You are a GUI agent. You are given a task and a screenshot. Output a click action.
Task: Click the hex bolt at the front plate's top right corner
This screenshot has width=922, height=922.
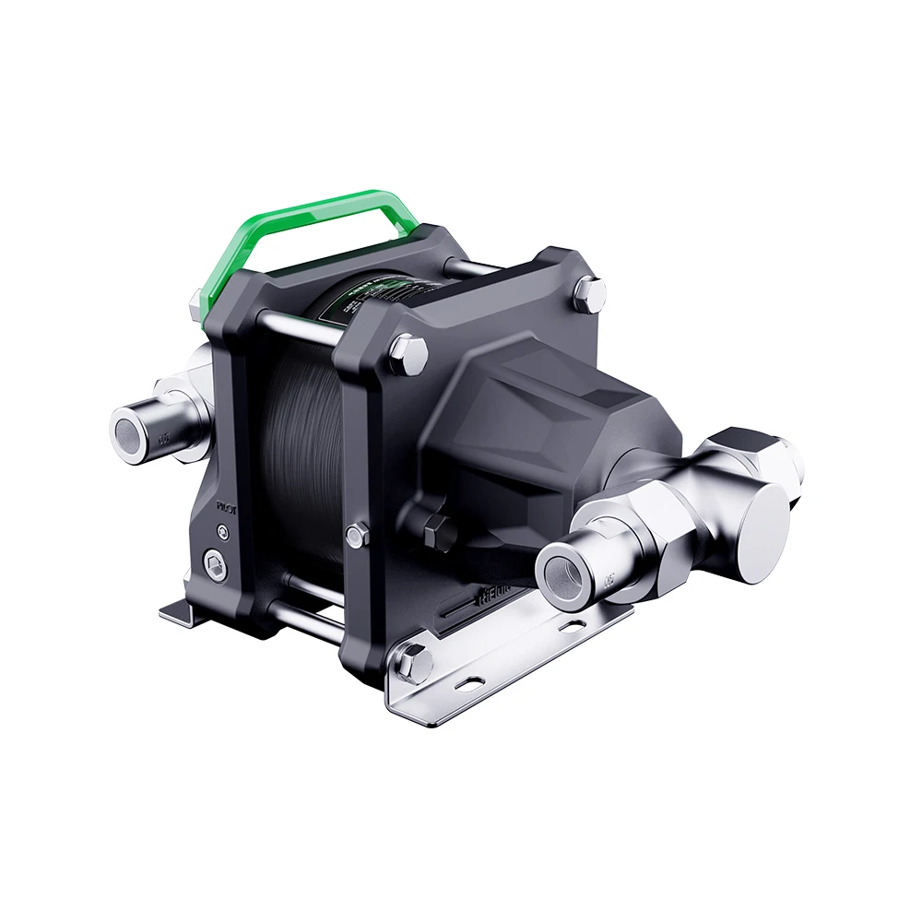pos(587,294)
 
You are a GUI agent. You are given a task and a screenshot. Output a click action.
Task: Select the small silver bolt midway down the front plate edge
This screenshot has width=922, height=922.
pos(356,532)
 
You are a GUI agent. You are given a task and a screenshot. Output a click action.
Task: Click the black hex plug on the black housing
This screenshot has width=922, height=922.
pos(436,530)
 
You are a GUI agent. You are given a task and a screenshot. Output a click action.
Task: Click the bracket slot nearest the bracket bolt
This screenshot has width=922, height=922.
pos(471,683)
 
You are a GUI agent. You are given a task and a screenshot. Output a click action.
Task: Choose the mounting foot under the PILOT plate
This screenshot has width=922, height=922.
pos(184,612)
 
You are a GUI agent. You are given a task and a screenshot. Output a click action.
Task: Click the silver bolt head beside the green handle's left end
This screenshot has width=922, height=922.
pos(199,303)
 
